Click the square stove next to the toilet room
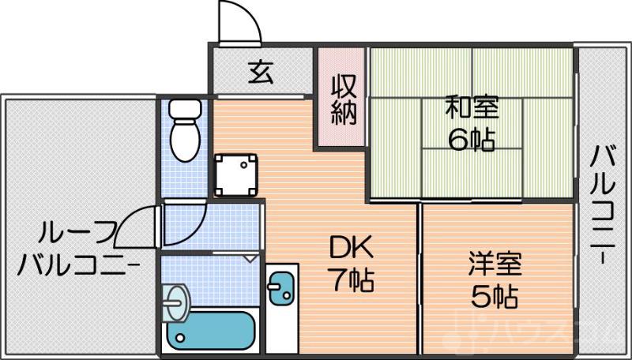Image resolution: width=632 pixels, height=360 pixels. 237,174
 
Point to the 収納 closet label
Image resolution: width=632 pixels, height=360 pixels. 341,98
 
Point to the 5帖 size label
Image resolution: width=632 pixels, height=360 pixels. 495,295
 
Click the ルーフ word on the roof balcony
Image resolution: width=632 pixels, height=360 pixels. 79,233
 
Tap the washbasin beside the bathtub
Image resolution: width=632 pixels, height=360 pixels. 176,300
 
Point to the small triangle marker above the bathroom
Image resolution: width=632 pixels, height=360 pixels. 250,257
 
